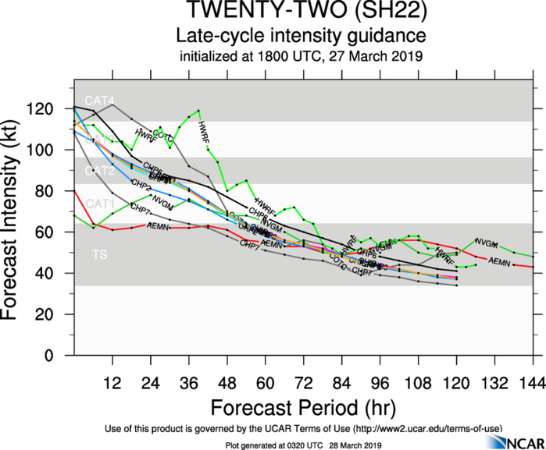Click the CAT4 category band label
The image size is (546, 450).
(x=100, y=101)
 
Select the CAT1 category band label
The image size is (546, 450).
(x=100, y=204)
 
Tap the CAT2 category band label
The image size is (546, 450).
(x=100, y=170)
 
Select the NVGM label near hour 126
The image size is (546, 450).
(x=487, y=243)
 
